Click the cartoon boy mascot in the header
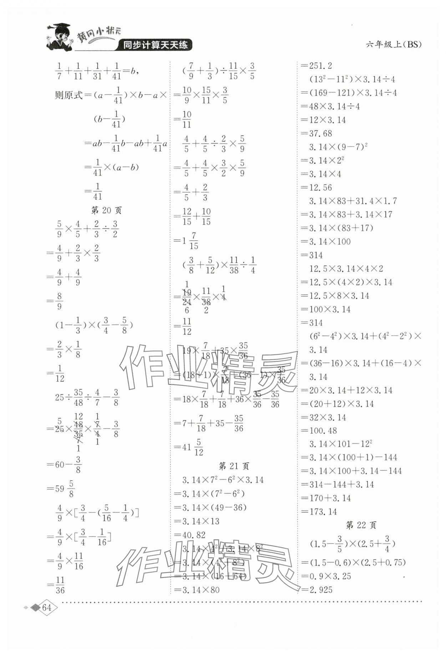pyautogui.click(x=59, y=37)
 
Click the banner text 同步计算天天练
pyautogui.click(x=155, y=45)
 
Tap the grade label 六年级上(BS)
pyautogui.click(x=394, y=45)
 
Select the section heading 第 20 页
pyautogui.click(x=106, y=210)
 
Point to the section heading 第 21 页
pyautogui.click(x=234, y=466)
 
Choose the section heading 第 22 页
pyautogui.click(x=361, y=525)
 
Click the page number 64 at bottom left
pyautogui.click(x=47, y=608)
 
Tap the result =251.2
pyautogui.click(x=317, y=66)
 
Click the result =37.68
pyautogui.click(x=317, y=133)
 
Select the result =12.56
pyautogui.click(x=317, y=188)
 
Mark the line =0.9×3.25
pyautogui.click(x=326, y=576)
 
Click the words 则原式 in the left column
pyautogui.click(x=69, y=95)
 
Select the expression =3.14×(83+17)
pyautogui.click(x=337, y=228)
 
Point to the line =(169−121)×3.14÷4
pyautogui.click(x=349, y=93)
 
